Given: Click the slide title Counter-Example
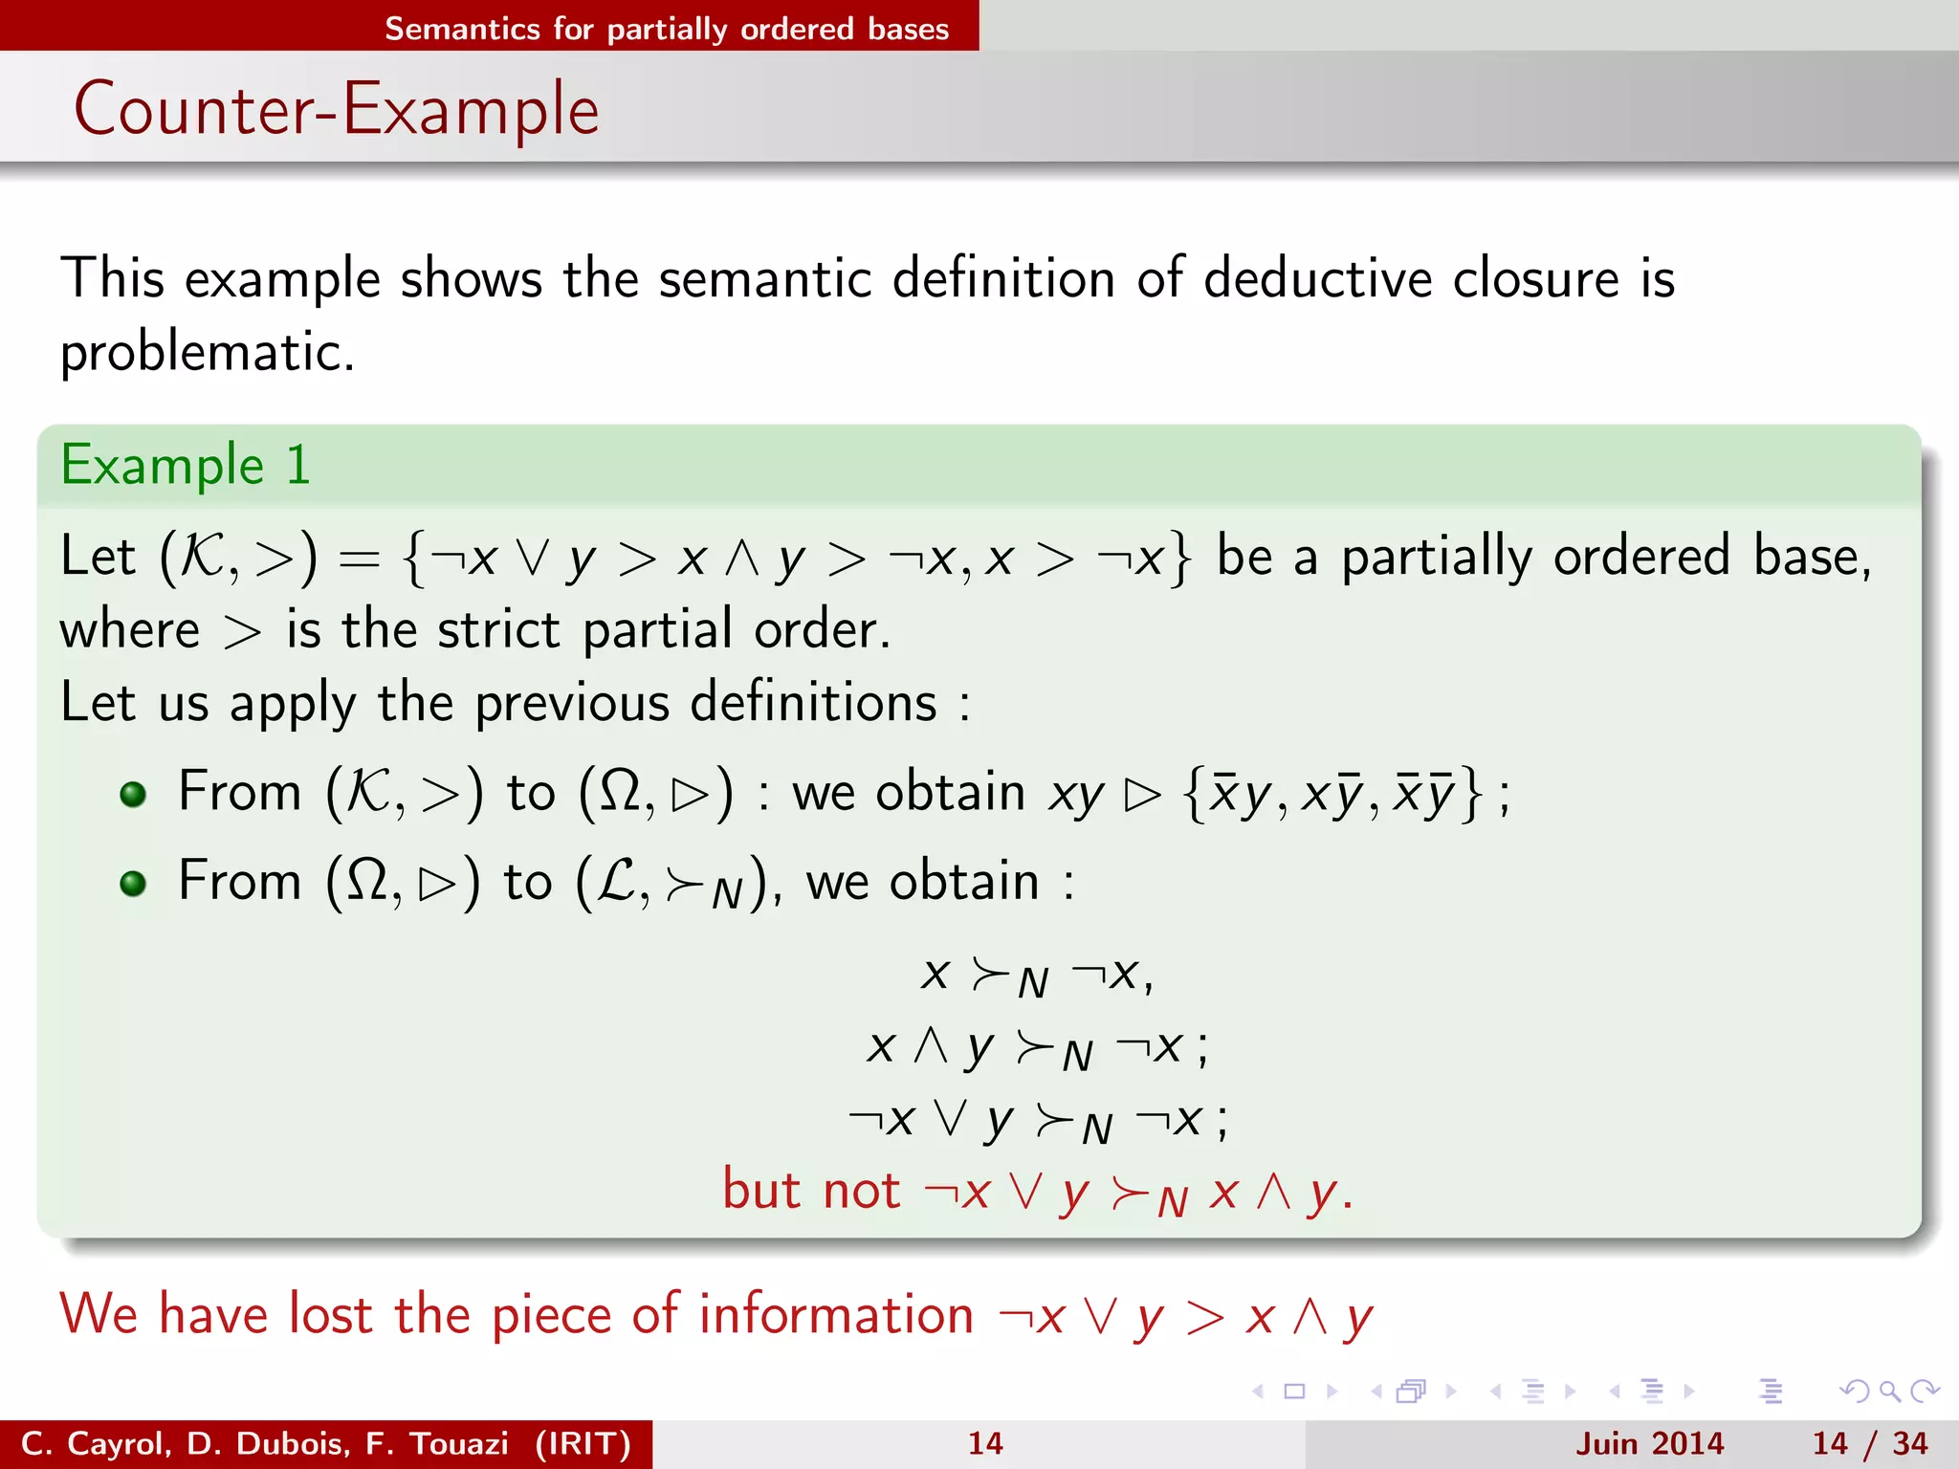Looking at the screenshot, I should (x=337, y=109).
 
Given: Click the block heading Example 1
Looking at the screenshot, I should (x=186, y=466).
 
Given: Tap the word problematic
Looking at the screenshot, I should (x=207, y=353).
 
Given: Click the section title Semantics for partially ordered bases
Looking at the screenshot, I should (x=667, y=28).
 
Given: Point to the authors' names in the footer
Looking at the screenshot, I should (x=325, y=1443).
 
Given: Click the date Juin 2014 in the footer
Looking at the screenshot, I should (x=1649, y=1443).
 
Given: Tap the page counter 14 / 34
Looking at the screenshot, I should (x=1869, y=1443).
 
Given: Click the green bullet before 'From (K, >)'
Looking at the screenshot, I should (x=133, y=794).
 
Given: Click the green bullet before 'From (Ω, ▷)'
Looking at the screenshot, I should (x=133, y=883).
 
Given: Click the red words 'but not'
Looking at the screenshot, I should (x=811, y=1191).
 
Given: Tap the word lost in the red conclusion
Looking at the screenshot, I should (x=330, y=1314).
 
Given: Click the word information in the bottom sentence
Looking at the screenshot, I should (x=836, y=1314).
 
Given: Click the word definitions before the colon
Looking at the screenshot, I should (x=813, y=703).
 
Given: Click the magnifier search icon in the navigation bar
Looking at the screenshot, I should (x=1888, y=1391).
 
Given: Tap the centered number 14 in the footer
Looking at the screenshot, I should (x=984, y=1443).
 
